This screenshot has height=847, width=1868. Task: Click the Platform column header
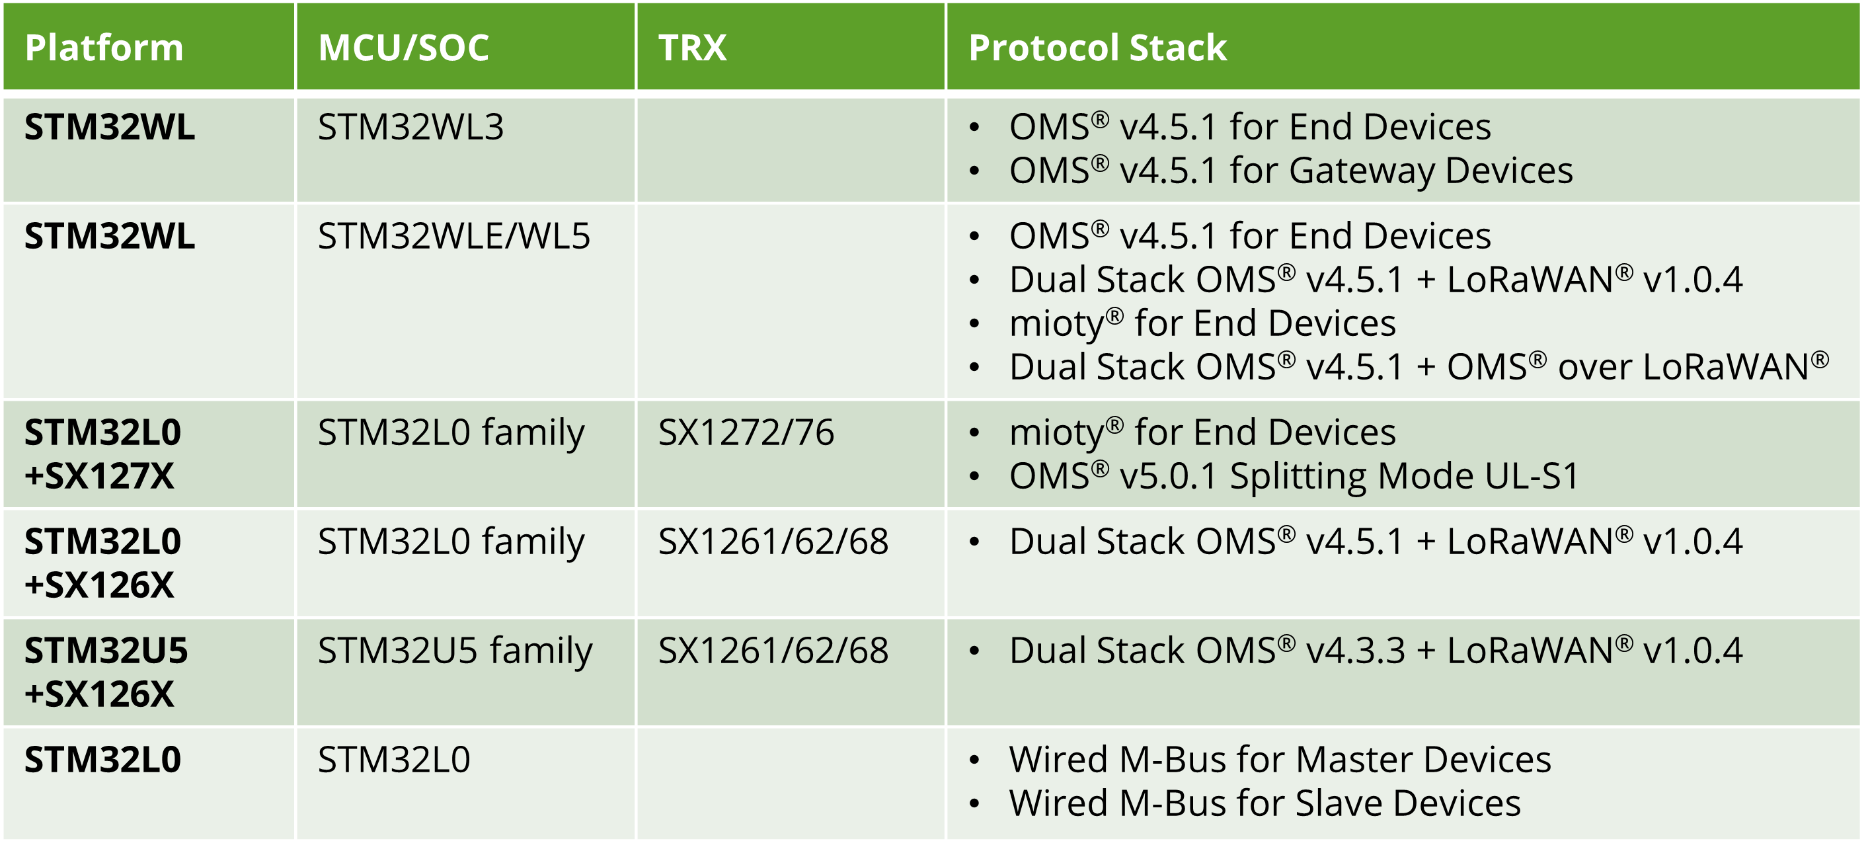[x=104, y=48]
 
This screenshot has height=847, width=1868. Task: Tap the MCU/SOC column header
[x=403, y=48]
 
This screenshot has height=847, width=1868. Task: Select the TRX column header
[x=692, y=48]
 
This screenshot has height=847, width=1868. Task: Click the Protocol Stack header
[x=1097, y=48]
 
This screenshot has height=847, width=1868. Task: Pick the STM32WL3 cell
[x=410, y=128]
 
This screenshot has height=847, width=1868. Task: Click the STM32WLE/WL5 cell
[x=454, y=237]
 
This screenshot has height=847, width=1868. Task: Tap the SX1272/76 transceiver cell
[x=746, y=433]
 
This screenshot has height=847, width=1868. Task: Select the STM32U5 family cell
[x=455, y=651]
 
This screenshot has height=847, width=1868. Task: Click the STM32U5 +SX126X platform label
[x=106, y=672]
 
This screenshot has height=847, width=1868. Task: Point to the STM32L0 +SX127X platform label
[x=102, y=455]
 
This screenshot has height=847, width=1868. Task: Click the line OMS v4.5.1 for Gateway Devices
[x=1291, y=171]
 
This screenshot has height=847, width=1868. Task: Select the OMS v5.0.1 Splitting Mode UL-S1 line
[x=1294, y=477]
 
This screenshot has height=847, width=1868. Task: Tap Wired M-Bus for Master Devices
[x=1280, y=760]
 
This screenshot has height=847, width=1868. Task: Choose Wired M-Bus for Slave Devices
[x=1265, y=803]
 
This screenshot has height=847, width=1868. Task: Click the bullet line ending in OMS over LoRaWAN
[x=1419, y=367]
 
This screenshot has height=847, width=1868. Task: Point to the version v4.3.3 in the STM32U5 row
[x=1354, y=651]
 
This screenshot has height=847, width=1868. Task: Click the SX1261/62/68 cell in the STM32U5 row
[x=773, y=651]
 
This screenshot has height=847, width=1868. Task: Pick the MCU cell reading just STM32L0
[x=394, y=760]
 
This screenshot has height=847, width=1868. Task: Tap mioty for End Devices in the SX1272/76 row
[x=1202, y=433]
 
